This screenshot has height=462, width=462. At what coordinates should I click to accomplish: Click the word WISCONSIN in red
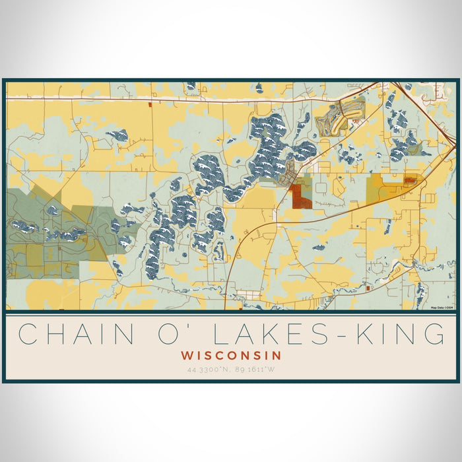pyautogui.click(x=231, y=355)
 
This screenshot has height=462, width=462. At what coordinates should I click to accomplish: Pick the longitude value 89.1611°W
pyautogui.click(x=255, y=370)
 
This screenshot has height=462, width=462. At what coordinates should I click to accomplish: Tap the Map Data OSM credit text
pyautogui.click(x=442, y=308)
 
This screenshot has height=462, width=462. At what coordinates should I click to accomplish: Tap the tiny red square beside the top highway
pyautogui.click(x=151, y=104)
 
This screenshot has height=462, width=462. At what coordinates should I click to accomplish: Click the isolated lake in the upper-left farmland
pyautogui.click(x=119, y=135)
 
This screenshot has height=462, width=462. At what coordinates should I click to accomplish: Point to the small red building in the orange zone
pyautogui.click(x=409, y=178)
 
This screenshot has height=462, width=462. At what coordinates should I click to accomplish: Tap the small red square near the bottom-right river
pyautogui.click(x=369, y=288)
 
